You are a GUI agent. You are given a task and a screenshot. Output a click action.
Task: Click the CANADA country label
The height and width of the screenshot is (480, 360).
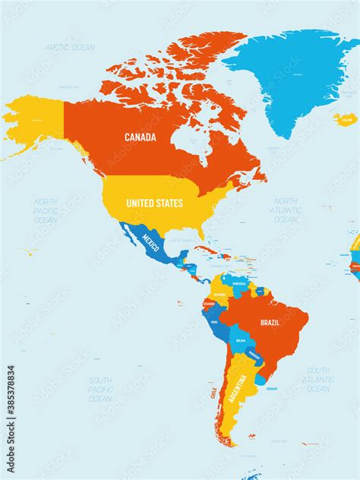pyautogui.click(x=141, y=137)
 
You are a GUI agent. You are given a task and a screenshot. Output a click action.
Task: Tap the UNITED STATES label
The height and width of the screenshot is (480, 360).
pyautogui.click(x=154, y=204)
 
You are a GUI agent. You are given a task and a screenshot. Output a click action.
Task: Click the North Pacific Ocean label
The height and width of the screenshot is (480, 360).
pyautogui.click(x=46, y=210)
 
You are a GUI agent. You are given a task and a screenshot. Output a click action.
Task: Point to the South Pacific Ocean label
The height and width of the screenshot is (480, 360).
pyautogui.click(x=99, y=389)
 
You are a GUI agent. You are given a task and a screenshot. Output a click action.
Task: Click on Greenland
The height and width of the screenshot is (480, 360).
pyautogui.click(x=289, y=76)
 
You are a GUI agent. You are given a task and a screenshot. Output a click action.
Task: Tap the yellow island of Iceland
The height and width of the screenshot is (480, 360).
pyautogui.click(x=345, y=119)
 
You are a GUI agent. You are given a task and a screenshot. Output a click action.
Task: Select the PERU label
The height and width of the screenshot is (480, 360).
pyautogui.click(x=213, y=323)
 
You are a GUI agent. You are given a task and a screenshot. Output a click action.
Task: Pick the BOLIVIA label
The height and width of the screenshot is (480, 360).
pyautogui.click(x=241, y=340)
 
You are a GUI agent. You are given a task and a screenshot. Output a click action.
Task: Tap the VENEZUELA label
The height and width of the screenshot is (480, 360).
pyautogui.click(x=239, y=283)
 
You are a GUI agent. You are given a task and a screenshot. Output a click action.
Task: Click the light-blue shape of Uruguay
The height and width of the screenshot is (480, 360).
pyautogui.click(x=261, y=377)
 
